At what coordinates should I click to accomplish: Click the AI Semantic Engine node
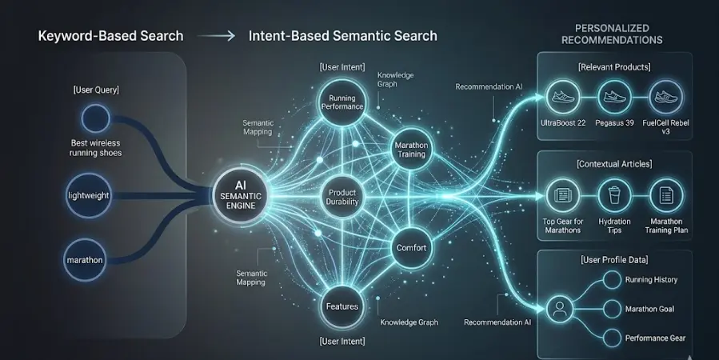click(x=241, y=195)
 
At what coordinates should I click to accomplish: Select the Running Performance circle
click(x=342, y=102)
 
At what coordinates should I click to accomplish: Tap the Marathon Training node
click(x=411, y=149)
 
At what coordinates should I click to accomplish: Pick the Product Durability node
click(x=342, y=196)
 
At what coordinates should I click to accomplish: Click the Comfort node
click(x=411, y=249)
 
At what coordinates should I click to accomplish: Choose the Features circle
click(x=342, y=306)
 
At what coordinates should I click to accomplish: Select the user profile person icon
click(x=561, y=309)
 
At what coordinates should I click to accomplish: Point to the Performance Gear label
click(x=656, y=338)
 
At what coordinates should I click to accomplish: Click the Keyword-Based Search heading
click(x=110, y=36)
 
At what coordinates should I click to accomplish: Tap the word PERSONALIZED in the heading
click(x=612, y=29)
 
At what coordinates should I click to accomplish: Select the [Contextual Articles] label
click(x=613, y=164)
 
